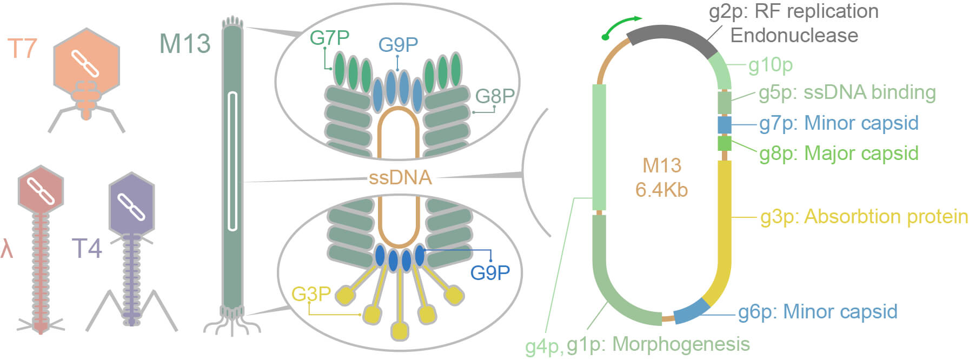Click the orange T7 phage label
click(x=22, y=48)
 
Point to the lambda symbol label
click(x=6, y=249)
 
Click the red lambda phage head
click(x=41, y=190)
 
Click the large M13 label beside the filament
click(x=185, y=44)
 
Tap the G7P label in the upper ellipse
click(x=329, y=38)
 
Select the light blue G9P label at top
click(x=398, y=44)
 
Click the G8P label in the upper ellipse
click(x=494, y=96)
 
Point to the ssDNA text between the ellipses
click(x=400, y=177)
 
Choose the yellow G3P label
click(x=311, y=294)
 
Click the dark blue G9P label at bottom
click(x=490, y=272)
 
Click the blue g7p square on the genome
click(x=724, y=124)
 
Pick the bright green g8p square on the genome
click(x=724, y=143)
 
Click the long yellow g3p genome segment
click(x=724, y=227)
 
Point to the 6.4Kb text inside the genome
click(x=661, y=190)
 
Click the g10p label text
click(x=771, y=65)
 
